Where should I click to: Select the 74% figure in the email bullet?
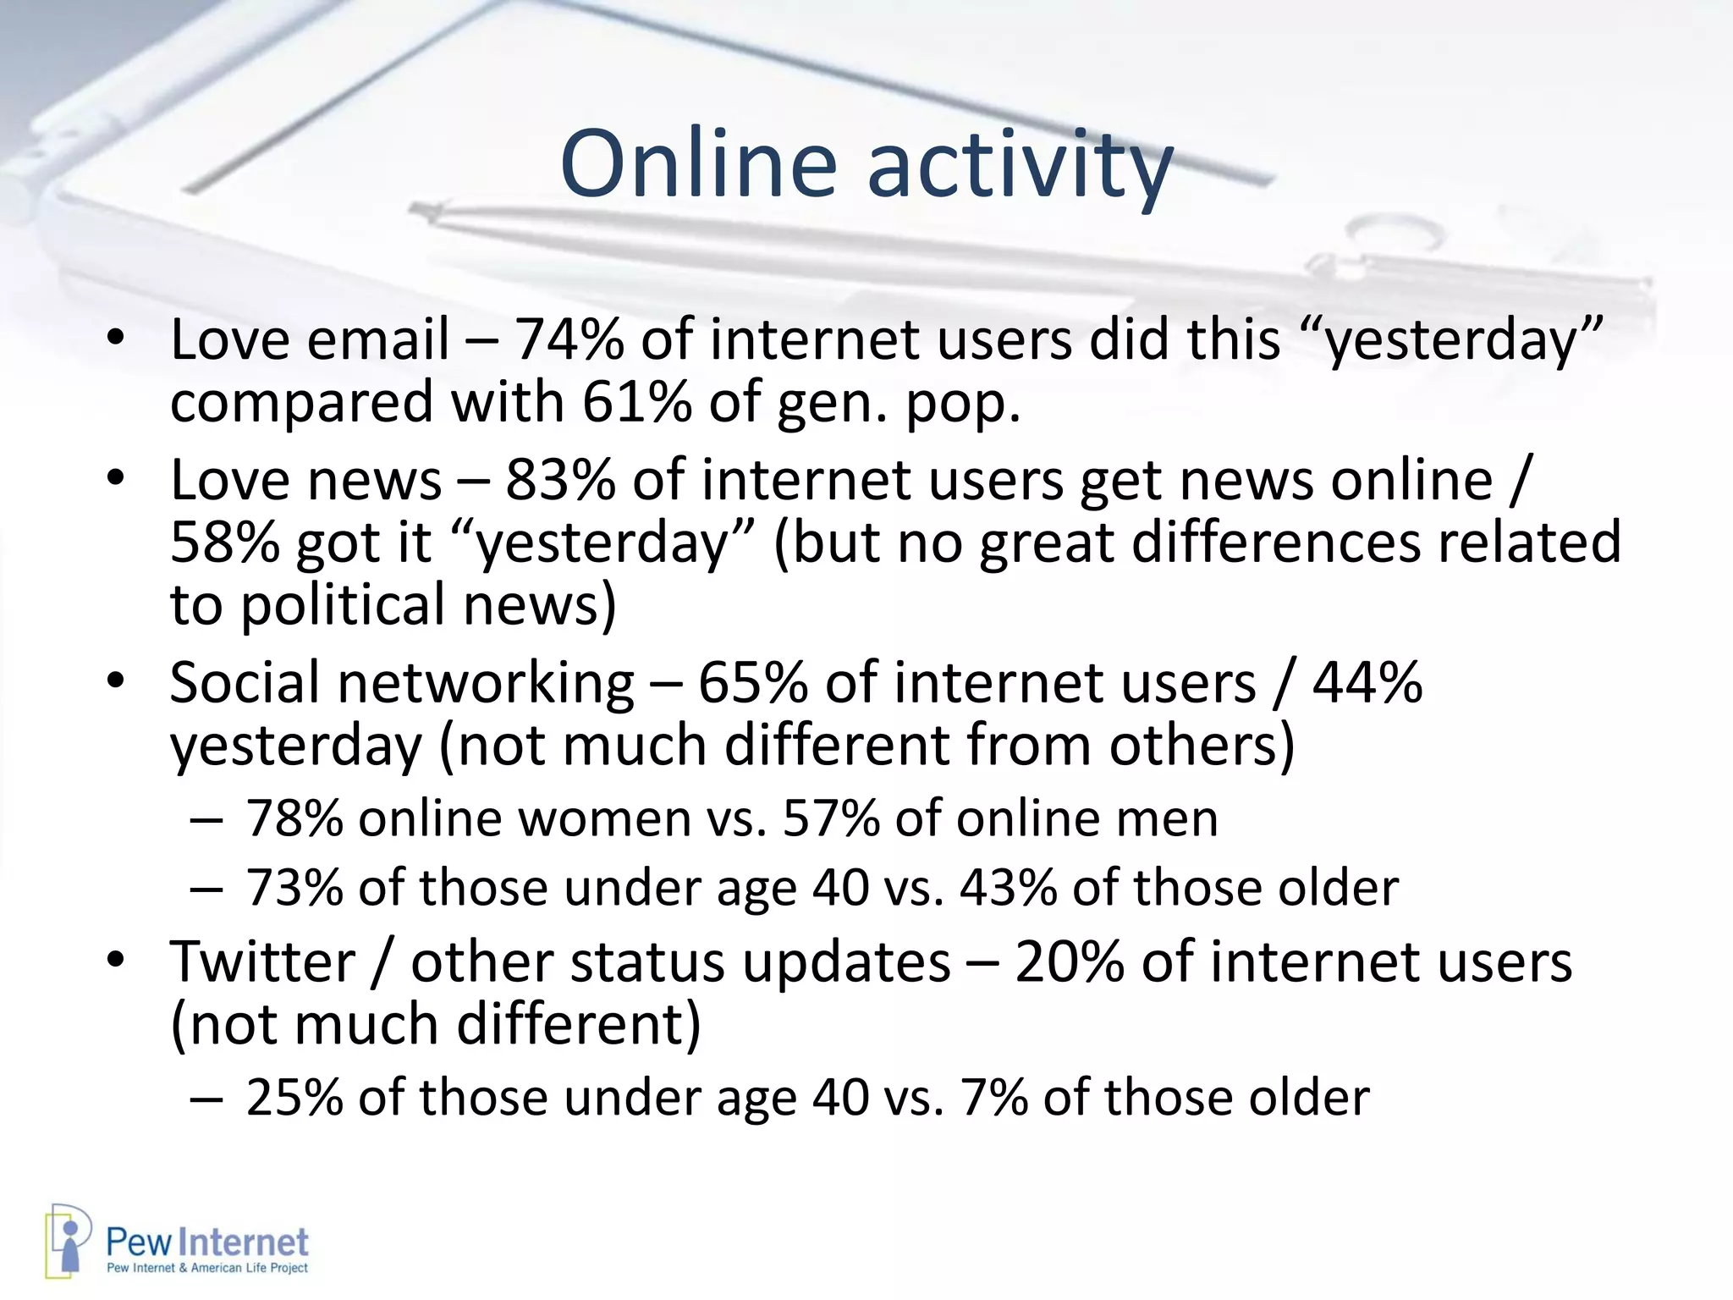pyautogui.click(x=569, y=339)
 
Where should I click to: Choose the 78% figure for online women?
pyautogui.click(x=294, y=818)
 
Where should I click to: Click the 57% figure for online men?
pyautogui.click(x=831, y=818)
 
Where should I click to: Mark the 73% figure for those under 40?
pyautogui.click(x=294, y=888)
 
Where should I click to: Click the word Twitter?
pyautogui.click(x=262, y=962)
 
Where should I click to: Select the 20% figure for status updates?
pyautogui.click(x=1069, y=962)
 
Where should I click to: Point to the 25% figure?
pyautogui.click(x=294, y=1098)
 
